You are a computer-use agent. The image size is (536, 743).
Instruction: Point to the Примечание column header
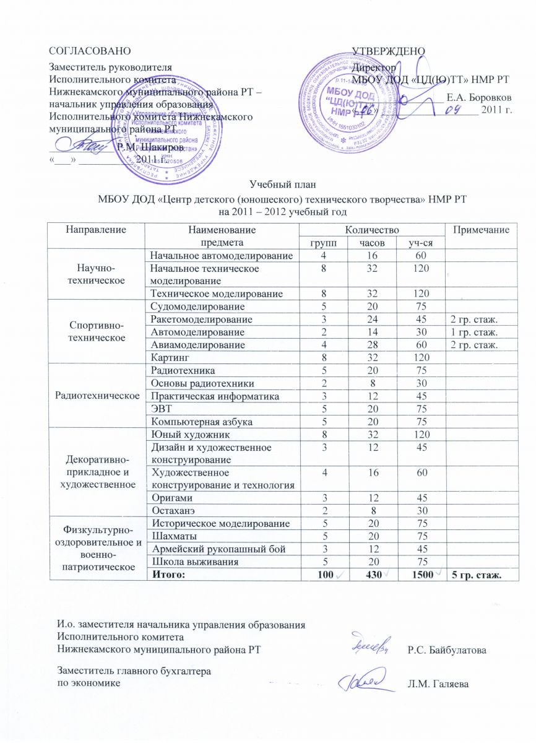pos(485,230)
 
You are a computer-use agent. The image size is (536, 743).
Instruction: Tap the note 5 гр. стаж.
pos(476,575)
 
